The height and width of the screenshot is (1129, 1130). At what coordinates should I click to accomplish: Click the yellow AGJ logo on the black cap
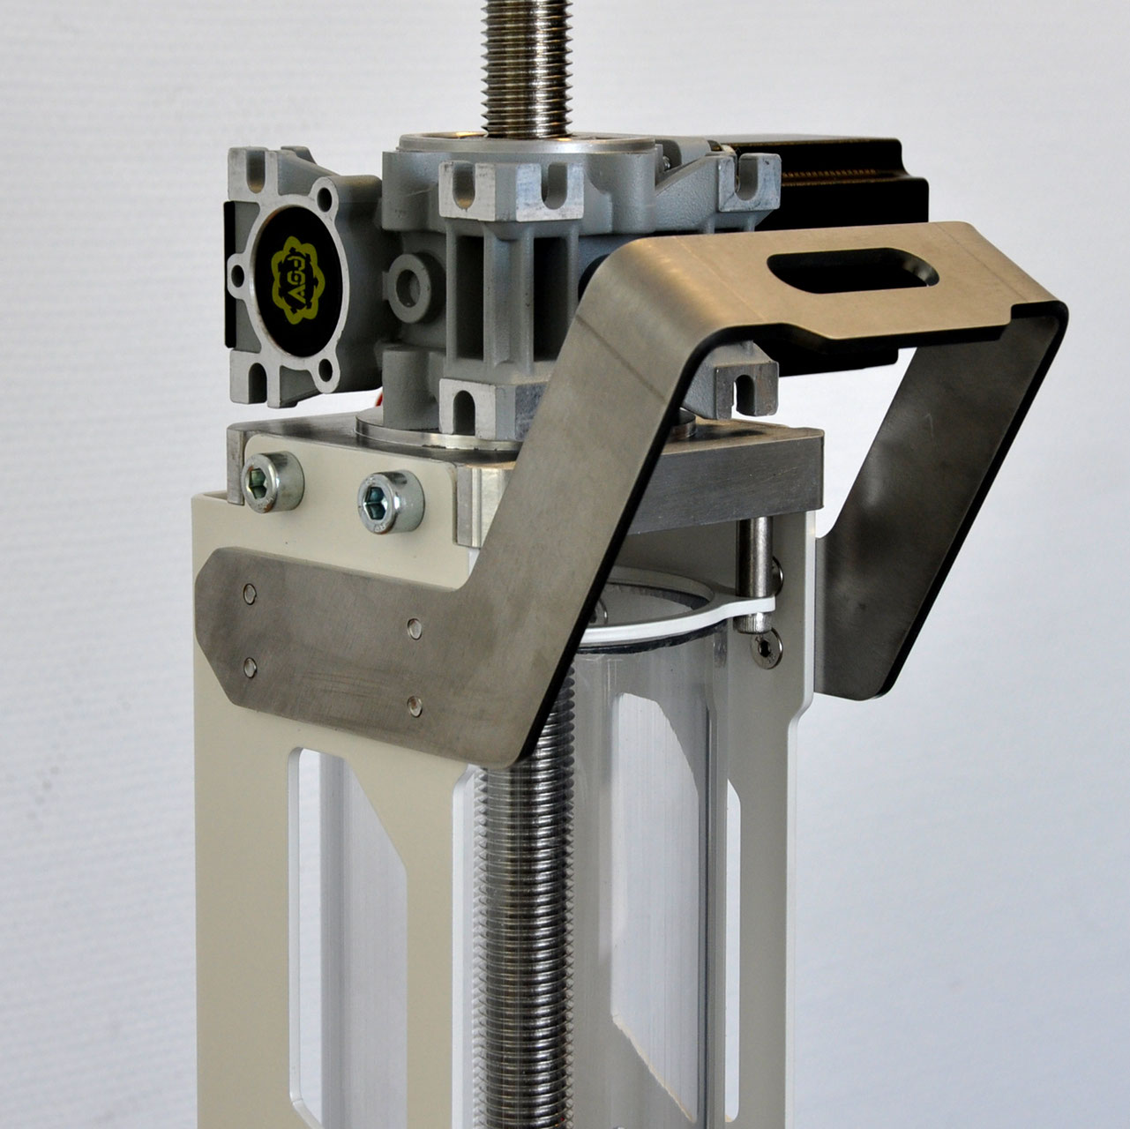coord(295,276)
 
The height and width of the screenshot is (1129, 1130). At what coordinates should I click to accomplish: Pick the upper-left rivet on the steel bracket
coord(251,594)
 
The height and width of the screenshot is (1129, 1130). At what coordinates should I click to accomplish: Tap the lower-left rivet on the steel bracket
coord(250,667)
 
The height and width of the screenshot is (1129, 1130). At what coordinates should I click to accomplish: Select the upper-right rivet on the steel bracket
coord(415,628)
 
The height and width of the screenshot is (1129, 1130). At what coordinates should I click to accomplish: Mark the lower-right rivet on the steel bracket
coord(415,705)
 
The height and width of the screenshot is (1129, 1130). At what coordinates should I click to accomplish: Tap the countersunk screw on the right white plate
coord(765,649)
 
